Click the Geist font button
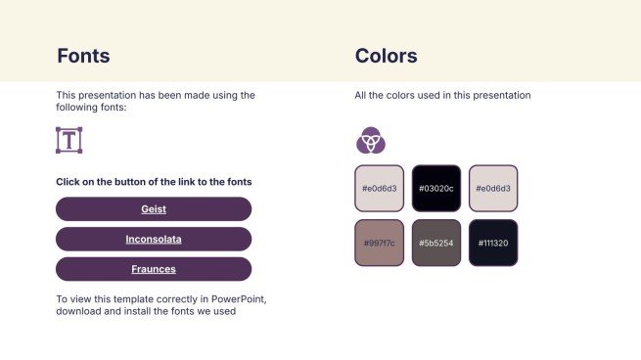154,208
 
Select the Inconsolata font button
154,239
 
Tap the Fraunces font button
154,269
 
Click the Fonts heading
83,56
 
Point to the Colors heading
387,56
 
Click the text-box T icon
69,140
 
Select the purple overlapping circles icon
371,140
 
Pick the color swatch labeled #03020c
436,189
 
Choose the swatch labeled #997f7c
380,243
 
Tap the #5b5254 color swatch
436,243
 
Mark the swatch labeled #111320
493,243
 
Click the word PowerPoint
239,299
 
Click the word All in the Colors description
360,95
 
